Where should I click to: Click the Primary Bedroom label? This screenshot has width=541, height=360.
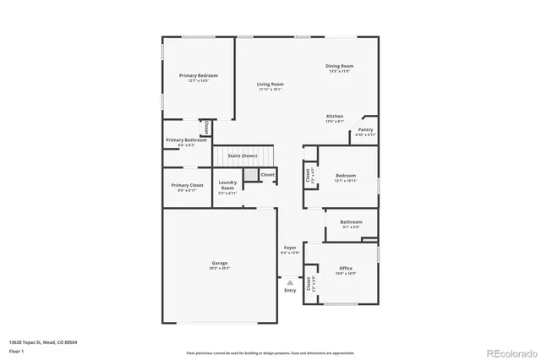[x=199, y=75]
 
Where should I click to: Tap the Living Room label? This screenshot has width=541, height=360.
[x=270, y=84]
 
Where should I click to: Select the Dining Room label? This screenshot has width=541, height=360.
[x=340, y=66]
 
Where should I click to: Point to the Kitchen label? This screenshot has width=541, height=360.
[x=335, y=116]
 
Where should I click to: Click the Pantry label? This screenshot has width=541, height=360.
[x=365, y=129]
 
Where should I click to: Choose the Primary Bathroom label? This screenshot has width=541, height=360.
[x=186, y=139]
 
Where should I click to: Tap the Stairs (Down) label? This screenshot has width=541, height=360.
[x=243, y=155]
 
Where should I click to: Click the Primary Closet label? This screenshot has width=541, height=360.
[x=187, y=185]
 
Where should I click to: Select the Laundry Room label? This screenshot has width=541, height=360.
[x=227, y=185]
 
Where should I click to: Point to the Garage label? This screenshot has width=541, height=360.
[x=220, y=263]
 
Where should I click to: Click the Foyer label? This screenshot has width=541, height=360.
[x=290, y=248]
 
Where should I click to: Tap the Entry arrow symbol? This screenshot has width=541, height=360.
[x=290, y=283]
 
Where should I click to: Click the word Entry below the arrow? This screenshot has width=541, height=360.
[x=290, y=291]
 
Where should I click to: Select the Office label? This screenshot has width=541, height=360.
[x=346, y=268]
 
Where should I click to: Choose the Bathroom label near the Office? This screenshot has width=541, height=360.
[x=352, y=221]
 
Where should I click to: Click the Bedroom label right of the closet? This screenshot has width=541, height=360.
[x=346, y=176]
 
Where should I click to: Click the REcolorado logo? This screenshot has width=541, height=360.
[x=509, y=352]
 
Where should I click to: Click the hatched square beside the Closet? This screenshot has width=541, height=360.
[x=250, y=174]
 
